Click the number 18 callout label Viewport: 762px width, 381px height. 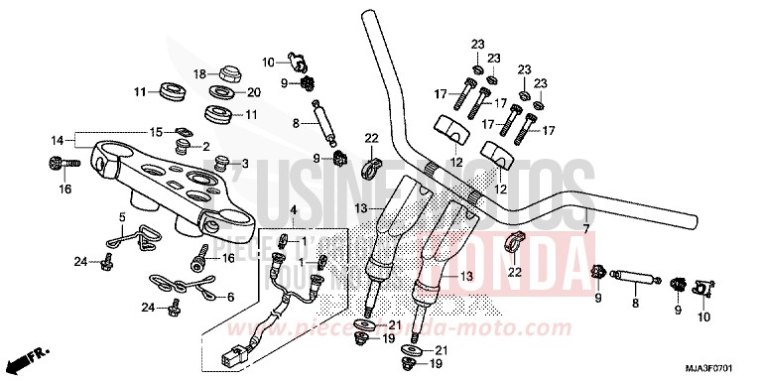(x=198, y=73)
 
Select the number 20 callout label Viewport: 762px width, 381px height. (x=253, y=92)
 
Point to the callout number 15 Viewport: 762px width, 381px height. (x=155, y=132)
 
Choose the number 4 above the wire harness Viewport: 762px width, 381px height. (x=293, y=210)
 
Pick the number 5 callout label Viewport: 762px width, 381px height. (x=122, y=216)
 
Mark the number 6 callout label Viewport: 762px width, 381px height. (x=231, y=297)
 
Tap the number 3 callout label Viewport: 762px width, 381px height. (x=247, y=164)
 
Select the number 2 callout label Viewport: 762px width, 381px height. (x=206, y=147)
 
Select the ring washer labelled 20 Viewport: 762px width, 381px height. (x=220, y=94)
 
